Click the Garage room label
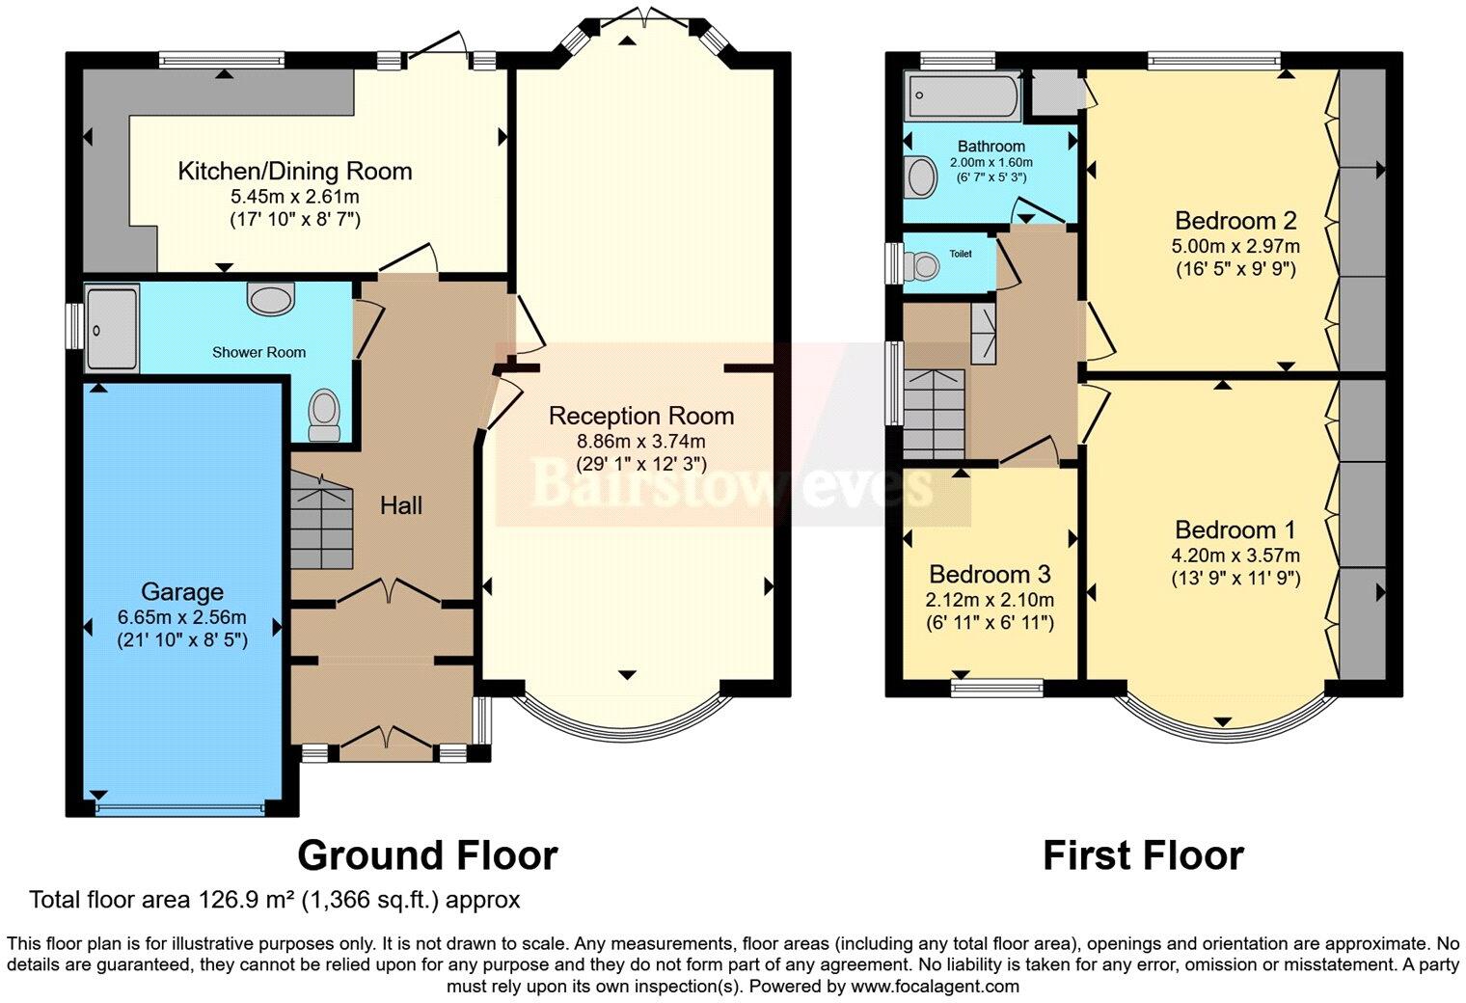click(x=182, y=591)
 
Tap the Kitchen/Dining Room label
click(x=294, y=171)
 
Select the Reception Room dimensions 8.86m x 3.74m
click(x=641, y=441)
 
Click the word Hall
click(x=400, y=505)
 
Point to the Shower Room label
click(x=258, y=352)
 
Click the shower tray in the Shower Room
click(x=111, y=328)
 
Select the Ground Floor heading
click(x=427, y=855)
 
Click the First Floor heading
click(x=1143, y=855)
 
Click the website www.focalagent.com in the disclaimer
click(x=933, y=986)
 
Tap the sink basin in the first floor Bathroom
click(x=922, y=177)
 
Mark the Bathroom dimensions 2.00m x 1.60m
click(x=991, y=162)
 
